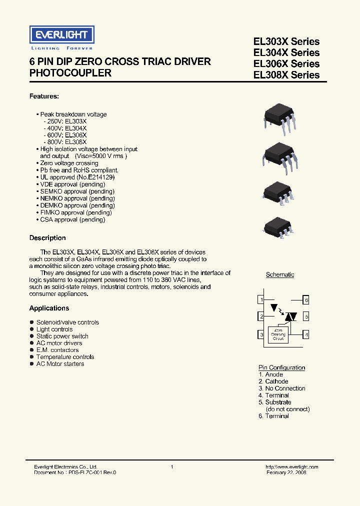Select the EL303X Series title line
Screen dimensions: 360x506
[286, 41]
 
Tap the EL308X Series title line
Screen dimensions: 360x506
[286, 75]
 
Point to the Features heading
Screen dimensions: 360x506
[44, 96]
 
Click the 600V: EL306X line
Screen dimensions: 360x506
[65, 135]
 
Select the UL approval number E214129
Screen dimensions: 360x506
[99, 177]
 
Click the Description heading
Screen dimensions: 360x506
[47, 238]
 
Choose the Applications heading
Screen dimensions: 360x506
[49, 308]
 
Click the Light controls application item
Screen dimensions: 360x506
[54, 329]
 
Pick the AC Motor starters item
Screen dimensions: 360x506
[60, 364]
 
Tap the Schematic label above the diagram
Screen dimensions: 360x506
[280, 274]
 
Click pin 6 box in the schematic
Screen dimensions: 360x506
[306, 299]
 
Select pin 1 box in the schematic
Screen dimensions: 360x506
[261, 299]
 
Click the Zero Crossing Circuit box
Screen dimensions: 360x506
[278, 335]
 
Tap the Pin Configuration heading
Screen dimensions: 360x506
[281, 367]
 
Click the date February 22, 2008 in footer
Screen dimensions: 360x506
[286, 472]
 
